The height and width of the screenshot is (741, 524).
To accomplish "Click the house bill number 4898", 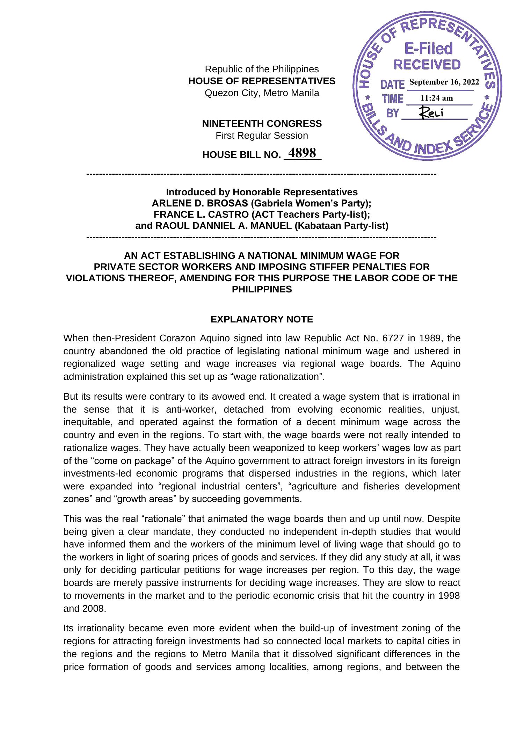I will [302, 153].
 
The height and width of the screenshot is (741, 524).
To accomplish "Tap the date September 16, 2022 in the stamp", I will [444, 82].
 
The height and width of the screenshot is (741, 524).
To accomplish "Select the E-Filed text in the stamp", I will [428, 49].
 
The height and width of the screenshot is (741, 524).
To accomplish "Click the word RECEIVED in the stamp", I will [427, 65].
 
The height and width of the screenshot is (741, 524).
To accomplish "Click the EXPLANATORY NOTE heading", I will [262, 319].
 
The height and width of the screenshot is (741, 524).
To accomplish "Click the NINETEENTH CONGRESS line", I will [262, 124].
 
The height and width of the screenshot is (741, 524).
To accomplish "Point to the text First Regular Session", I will [262, 136].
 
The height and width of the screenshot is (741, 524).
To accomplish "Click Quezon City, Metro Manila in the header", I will [262, 93].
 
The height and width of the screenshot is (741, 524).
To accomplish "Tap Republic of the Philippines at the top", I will [262, 69].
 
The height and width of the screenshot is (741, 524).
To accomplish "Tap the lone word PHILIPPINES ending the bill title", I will [262, 289].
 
